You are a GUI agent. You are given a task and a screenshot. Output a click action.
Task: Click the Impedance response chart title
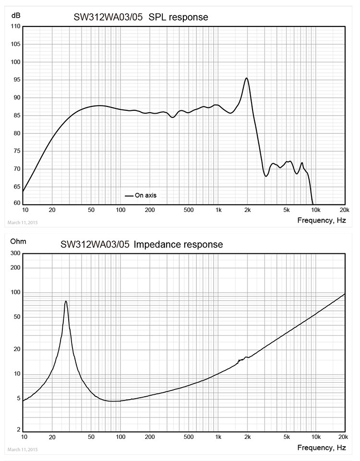click(142, 244)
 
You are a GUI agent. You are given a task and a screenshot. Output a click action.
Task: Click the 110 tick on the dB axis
click(14, 27)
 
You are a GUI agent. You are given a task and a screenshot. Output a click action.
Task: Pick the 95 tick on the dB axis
click(14, 80)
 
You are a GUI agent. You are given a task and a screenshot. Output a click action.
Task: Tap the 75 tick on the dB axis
click(14, 151)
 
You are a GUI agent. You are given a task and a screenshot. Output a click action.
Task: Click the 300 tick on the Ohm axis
click(14, 253)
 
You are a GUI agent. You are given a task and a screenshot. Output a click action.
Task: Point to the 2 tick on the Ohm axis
click(18, 430)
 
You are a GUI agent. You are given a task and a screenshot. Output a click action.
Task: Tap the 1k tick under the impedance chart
click(218, 437)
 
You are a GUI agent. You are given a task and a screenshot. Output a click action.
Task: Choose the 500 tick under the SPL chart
click(189, 210)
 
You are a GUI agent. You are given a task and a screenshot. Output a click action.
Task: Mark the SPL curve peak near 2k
click(246, 78)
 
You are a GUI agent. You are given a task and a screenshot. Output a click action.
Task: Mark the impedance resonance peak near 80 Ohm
click(66, 301)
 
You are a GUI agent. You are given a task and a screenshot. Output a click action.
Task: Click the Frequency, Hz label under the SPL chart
click(321, 220)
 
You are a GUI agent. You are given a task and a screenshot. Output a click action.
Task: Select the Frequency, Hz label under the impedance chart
click(321, 448)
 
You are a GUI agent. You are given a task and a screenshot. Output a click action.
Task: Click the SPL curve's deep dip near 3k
click(266, 176)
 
